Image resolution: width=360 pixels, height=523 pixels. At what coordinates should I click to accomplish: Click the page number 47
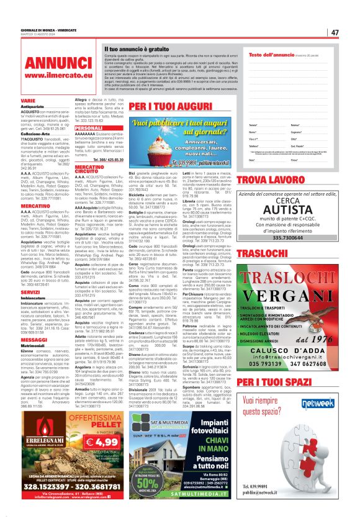pyautogui.click(x=335, y=32)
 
